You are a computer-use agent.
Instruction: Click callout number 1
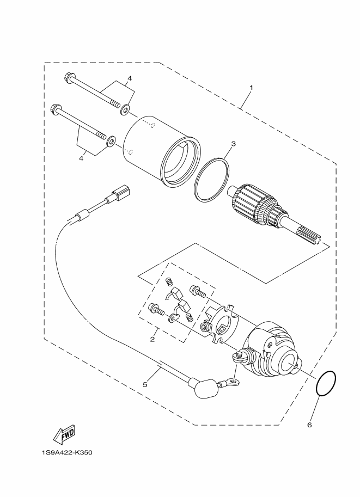click(251, 87)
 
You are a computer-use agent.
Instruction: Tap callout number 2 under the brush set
click(152, 339)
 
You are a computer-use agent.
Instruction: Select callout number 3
click(233, 144)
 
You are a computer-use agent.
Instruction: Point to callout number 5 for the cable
click(145, 384)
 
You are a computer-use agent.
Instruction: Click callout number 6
click(309, 425)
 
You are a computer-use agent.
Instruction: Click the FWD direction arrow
click(64, 434)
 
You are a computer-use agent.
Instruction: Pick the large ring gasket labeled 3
click(211, 178)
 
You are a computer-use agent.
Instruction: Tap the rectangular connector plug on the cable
click(121, 194)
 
